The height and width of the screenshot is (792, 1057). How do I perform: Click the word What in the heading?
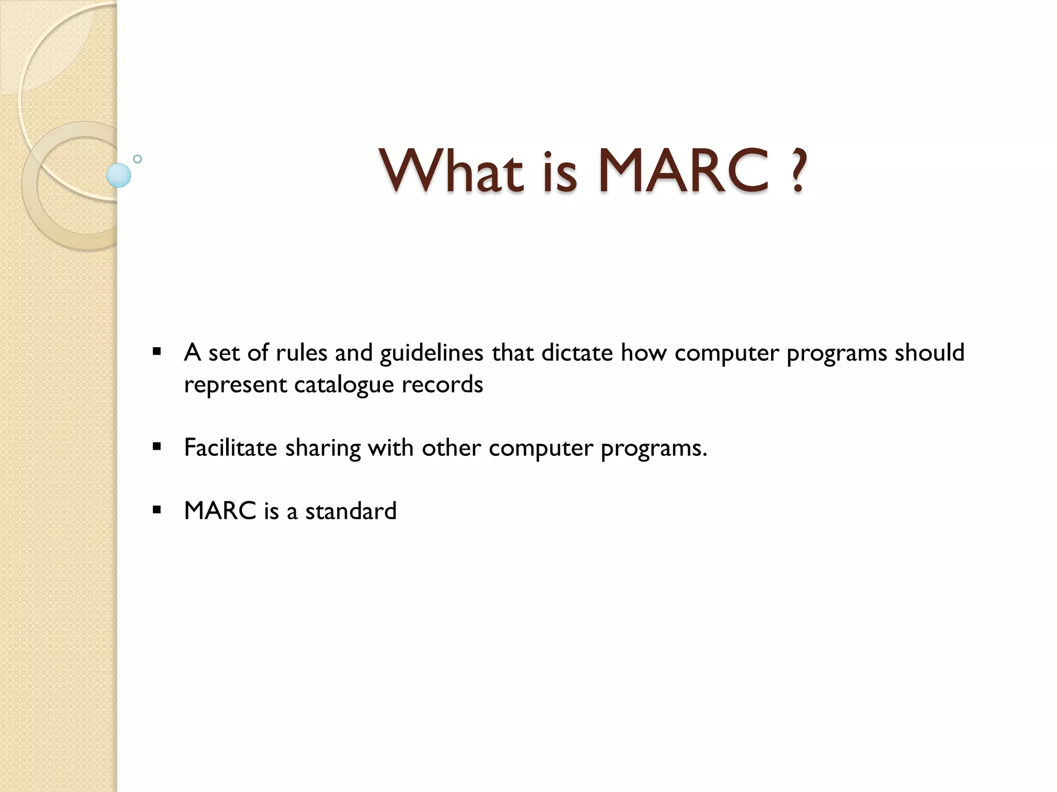[x=451, y=170]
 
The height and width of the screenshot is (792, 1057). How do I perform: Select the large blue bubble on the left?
[x=119, y=175]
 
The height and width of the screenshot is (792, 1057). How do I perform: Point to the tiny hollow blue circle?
[x=137, y=159]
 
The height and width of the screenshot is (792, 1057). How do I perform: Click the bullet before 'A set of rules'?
[x=157, y=353]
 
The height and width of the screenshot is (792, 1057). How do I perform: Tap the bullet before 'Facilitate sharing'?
[x=157, y=447]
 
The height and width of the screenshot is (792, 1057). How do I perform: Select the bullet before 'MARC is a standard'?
[x=157, y=510]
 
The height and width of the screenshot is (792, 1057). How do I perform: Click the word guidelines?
[x=431, y=354]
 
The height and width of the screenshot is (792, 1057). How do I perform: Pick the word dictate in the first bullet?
[x=576, y=353]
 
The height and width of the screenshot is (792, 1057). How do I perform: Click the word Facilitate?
[x=231, y=447]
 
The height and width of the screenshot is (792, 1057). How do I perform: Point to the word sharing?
[x=323, y=448]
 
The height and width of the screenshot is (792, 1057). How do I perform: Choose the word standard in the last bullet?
[x=351, y=511]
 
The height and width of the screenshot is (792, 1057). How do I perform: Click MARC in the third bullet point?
[x=220, y=511]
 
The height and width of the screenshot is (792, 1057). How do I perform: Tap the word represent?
[x=235, y=385]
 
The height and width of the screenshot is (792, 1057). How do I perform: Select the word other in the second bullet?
[x=451, y=447]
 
